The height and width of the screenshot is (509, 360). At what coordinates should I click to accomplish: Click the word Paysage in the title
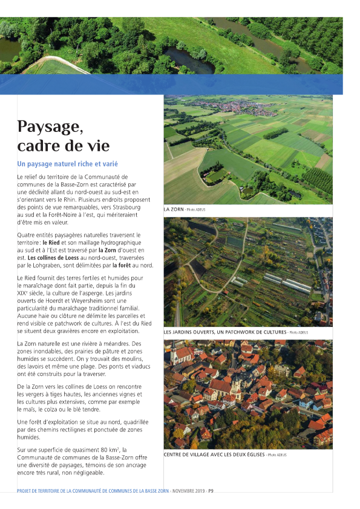[50, 126]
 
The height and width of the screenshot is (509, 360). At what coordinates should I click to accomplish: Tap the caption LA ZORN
[174, 209]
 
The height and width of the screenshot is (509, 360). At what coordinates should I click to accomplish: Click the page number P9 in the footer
[211, 491]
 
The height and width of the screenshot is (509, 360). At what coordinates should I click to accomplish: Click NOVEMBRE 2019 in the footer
[189, 491]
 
